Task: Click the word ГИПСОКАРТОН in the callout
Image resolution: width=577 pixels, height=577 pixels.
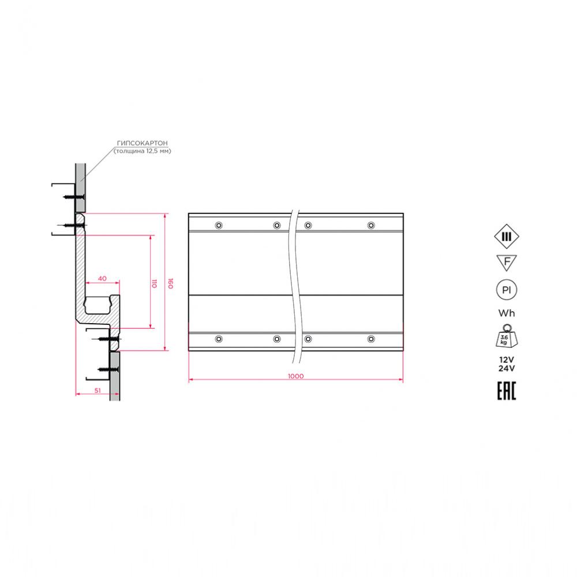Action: [142, 143]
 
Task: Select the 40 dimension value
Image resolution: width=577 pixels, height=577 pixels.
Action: [102, 279]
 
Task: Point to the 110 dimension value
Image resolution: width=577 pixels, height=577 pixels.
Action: [154, 283]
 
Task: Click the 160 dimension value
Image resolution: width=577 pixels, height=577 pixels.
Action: [170, 283]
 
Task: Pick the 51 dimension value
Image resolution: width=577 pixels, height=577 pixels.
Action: [98, 391]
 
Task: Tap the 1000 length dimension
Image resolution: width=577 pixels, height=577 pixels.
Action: [296, 376]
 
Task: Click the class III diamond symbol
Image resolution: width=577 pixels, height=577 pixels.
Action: [507, 237]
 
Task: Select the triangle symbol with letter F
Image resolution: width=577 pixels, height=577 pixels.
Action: [507, 263]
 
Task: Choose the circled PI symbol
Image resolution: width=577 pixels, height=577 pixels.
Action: [507, 290]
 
